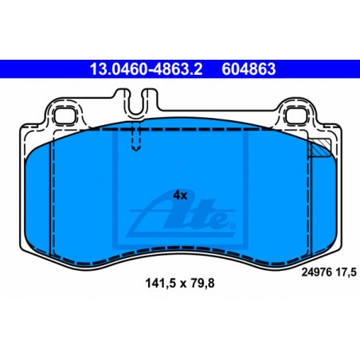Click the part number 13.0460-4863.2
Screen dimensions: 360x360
point(146,69)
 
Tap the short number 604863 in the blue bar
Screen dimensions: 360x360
point(248,69)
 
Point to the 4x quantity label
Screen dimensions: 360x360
point(180,195)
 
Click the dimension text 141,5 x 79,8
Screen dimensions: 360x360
point(180,284)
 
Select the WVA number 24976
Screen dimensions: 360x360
point(316,272)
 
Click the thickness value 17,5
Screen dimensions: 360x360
point(346,272)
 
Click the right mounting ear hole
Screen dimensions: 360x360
point(296,116)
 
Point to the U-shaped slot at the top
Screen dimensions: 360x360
point(136,103)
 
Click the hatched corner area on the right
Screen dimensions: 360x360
point(321,148)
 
